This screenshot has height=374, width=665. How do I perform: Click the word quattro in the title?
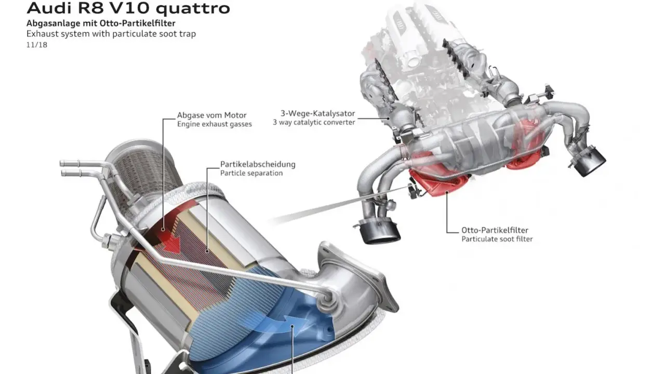pyautogui.click(x=193, y=9)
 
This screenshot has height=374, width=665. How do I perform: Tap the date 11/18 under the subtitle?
pyautogui.click(x=37, y=45)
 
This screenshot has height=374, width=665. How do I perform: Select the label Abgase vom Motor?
pyautogui.click(x=211, y=115)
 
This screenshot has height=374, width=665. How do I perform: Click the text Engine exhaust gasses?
pyautogui.click(x=215, y=124)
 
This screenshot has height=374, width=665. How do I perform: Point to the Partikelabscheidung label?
pyautogui.click(x=258, y=164)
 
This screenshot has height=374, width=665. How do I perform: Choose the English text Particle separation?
pyautogui.click(x=251, y=173)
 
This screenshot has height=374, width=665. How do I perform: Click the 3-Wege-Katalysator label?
pyautogui.click(x=317, y=113)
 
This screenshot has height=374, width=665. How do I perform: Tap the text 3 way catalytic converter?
pyautogui.click(x=314, y=122)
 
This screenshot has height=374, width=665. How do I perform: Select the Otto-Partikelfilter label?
pyautogui.click(x=495, y=230)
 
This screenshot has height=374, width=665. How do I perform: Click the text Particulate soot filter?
pyautogui.click(x=497, y=239)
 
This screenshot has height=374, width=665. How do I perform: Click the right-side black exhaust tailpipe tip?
pyautogui.click(x=589, y=162)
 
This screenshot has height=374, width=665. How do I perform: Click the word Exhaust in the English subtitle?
pyautogui.click(x=43, y=34)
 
